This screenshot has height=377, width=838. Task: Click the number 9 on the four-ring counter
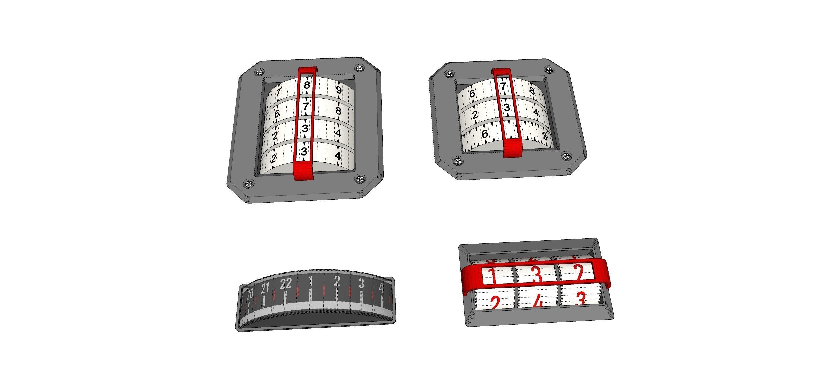click(x=339, y=90)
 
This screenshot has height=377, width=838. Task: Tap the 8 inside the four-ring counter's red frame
click(x=307, y=85)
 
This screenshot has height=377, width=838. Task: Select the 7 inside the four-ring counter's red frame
click(x=306, y=107)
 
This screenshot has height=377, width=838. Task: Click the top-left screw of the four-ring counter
click(x=260, y=72)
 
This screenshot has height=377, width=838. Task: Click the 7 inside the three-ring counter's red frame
click(x=503, y=86)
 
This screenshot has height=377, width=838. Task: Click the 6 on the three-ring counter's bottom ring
click(x=485, y=134)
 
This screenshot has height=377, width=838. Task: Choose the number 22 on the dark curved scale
click(x=286, y=284)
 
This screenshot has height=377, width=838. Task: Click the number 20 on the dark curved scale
click(x=250, y=294)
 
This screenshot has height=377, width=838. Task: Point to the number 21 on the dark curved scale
click(x=265, y=288)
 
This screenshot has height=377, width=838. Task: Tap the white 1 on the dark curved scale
click(x=311, y=281)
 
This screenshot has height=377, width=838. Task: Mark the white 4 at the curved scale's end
click(x=381, y=288)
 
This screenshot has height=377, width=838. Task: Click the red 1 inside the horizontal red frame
click(x=491, y=276)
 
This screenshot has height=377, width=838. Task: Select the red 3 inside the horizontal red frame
click(x=536, y=275)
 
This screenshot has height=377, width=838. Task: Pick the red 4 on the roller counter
click(x=538, y=303)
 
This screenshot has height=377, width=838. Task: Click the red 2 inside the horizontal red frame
click(x=579, y=273)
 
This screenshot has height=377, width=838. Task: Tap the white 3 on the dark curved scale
click(x=361, y=284)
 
